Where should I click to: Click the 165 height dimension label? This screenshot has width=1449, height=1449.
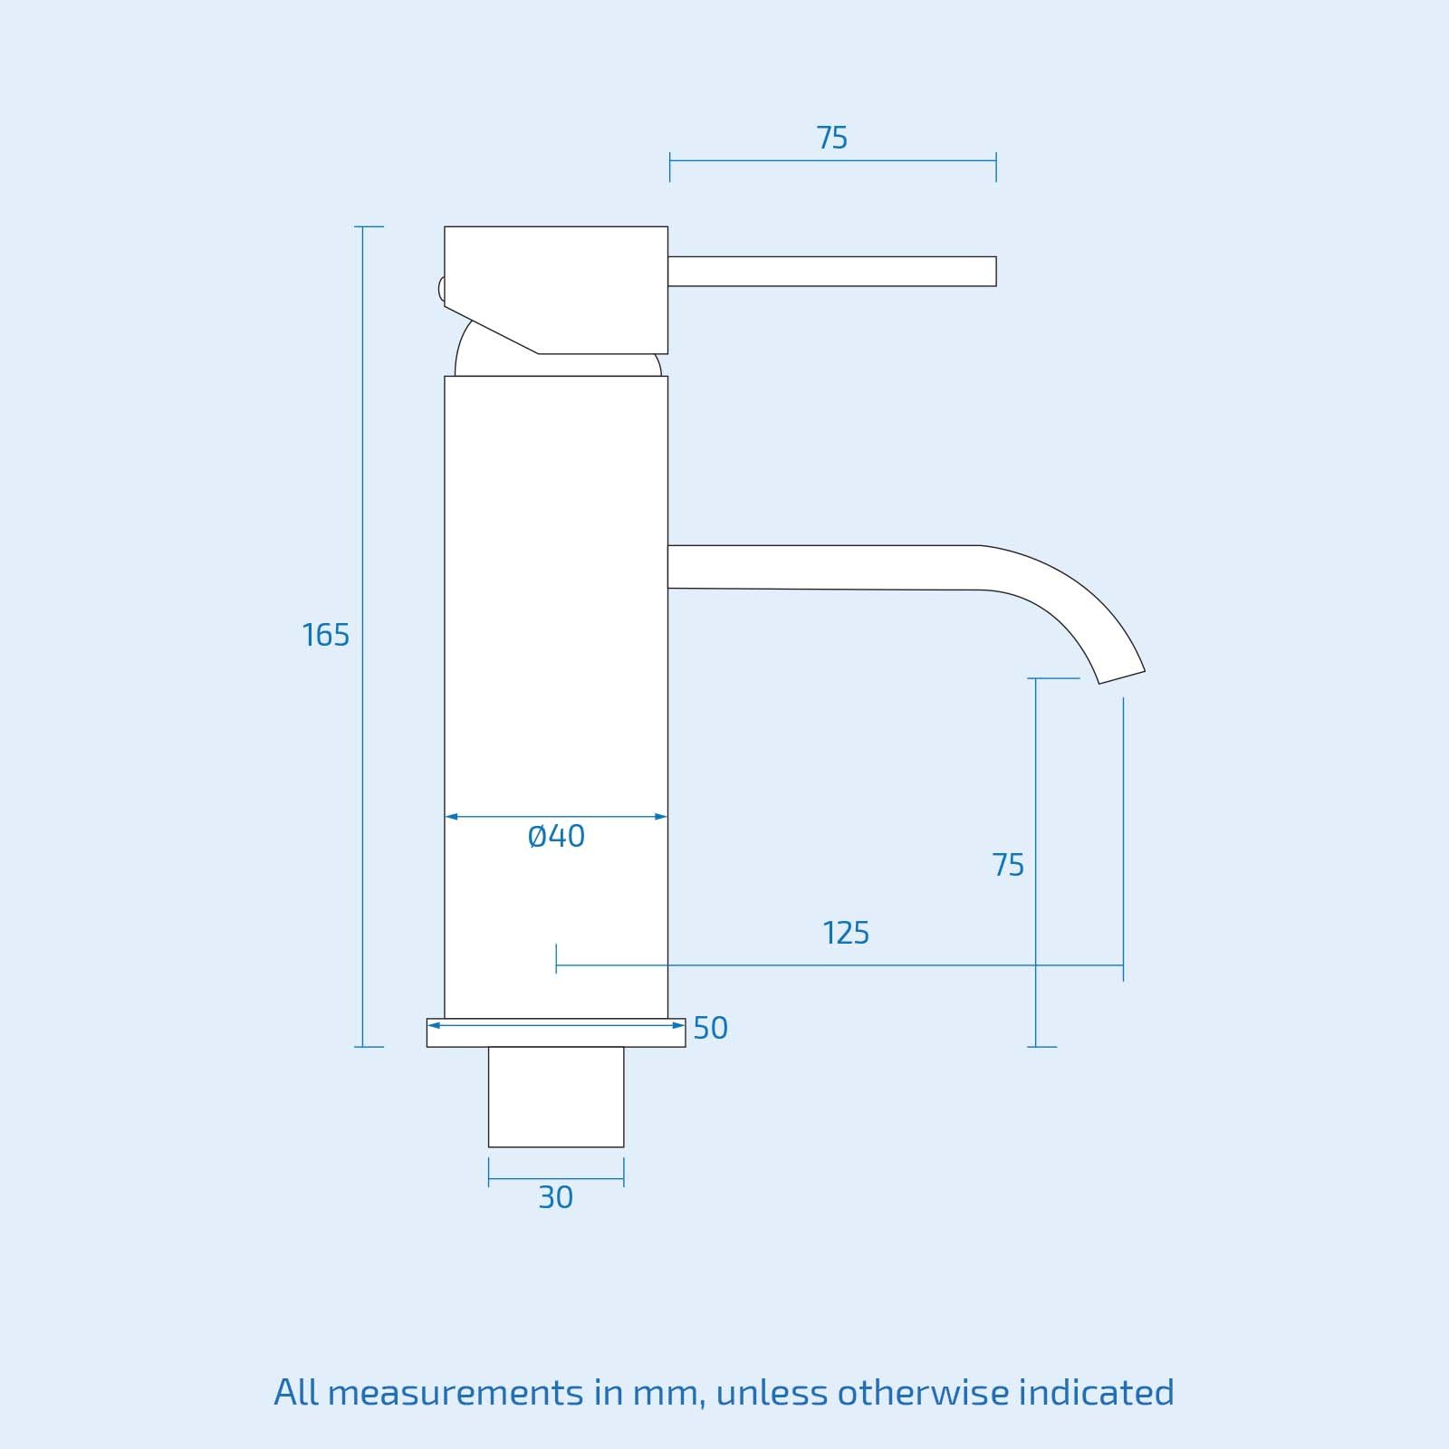pos(325,635)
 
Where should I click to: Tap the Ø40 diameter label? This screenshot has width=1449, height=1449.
pos(556,836)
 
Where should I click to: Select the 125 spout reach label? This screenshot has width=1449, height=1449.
pos(846,933)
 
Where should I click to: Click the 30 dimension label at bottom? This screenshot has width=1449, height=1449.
pos(555,1197)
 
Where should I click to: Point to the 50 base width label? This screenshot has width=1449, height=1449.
pos(710,1028)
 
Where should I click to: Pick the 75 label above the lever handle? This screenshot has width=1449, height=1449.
pos(831,138)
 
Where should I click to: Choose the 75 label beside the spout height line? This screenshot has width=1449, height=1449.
pos(1008,865)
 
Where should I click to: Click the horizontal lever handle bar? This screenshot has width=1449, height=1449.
pos(831,271)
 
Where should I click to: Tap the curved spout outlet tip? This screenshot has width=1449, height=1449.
pos(1122,677)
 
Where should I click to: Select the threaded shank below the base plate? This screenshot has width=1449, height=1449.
pos(556,1097)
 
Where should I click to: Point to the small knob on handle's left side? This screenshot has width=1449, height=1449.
pos(441,289)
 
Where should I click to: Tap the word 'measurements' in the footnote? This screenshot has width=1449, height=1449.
pos(456,1393)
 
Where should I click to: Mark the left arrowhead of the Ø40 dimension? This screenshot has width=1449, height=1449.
pos(451,817)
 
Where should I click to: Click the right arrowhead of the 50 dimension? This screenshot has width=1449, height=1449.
pos(679,1025)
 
